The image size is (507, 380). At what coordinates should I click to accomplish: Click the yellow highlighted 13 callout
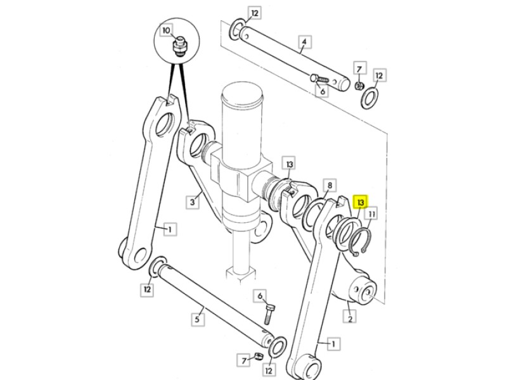coord(361,203)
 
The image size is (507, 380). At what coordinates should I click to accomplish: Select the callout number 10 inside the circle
coord(166,30)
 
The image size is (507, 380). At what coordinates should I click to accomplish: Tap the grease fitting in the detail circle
coord(179,47)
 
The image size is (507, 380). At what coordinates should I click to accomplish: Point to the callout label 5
coord(197,319)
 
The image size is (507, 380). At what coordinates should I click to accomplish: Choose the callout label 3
coord(193,202)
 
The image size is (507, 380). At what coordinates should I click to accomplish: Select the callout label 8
coord(330,186)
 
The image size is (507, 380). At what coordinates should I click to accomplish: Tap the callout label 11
coord(372,214)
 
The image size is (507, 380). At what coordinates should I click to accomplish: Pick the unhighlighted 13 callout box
coord(290,164)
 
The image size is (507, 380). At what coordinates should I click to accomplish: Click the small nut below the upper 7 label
coord(359,86)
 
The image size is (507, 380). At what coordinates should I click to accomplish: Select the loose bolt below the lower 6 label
coord(270,313)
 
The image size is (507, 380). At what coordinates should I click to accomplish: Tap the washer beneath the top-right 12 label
coord(370,98)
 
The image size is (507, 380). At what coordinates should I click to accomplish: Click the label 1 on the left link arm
coord(170,229)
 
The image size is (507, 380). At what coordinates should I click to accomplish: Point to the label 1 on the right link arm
coord(333,343)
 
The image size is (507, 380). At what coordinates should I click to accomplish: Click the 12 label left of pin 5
coord(147,289)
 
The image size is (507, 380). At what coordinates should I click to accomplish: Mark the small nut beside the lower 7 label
coord(258,356)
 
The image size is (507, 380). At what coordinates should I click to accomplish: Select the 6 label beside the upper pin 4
coord(323,91)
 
